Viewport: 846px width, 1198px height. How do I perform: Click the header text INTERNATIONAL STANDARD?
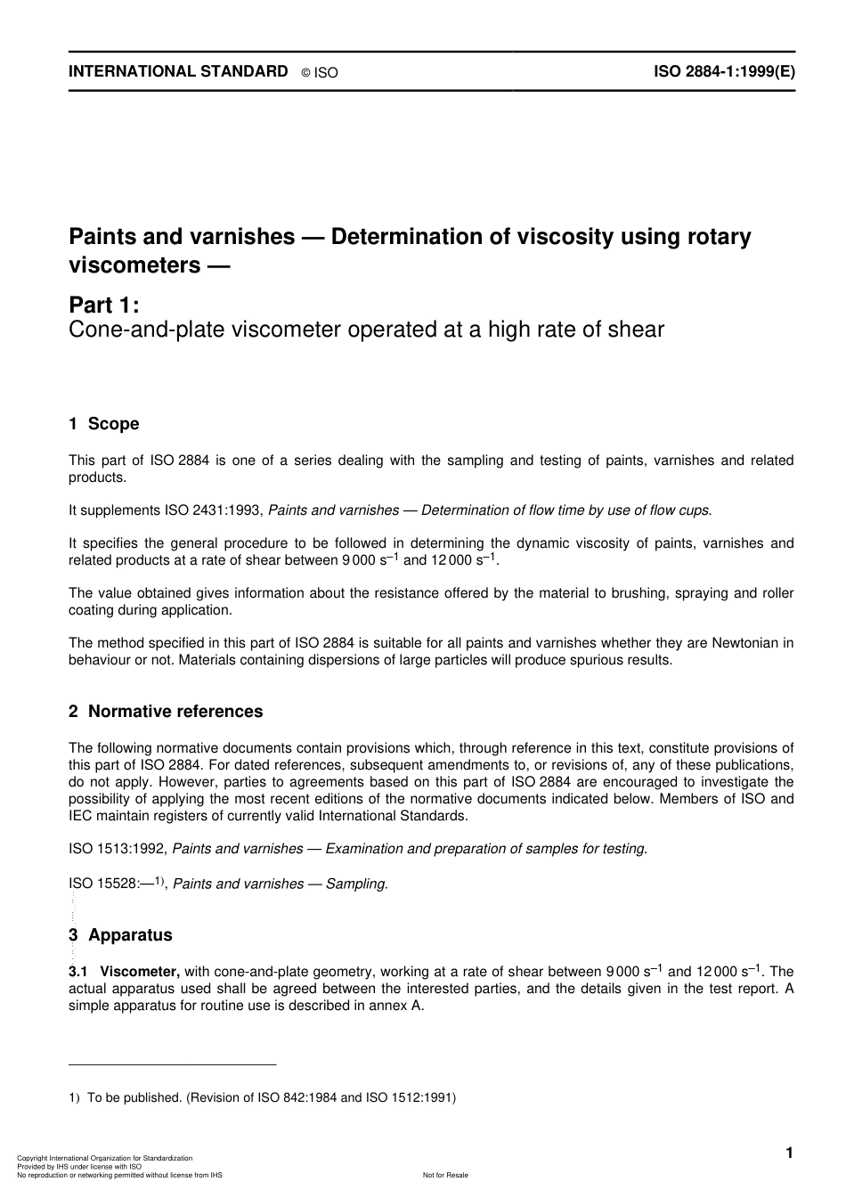(x=178, y=71)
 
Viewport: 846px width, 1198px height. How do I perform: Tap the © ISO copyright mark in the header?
(x=320, y=73)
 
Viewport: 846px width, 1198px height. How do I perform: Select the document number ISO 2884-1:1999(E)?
(x=724, y=72)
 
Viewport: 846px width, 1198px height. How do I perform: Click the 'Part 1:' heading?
(x=104, y=305)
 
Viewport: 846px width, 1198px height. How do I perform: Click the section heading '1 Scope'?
(x=104, y=424)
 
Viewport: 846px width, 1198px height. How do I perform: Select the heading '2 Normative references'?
(x=166, y=711)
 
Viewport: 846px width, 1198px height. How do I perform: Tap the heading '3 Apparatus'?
(x=120, y=934)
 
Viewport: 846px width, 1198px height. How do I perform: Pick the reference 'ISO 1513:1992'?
(x=118, y=849)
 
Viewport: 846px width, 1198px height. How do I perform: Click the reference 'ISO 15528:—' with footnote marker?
(x=116, y=884)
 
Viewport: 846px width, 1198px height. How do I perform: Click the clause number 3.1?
(x=78, y=972)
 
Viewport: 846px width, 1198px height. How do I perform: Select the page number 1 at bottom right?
(x=789, y=1153)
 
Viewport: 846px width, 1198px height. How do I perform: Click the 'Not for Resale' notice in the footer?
(x=445, y=1175)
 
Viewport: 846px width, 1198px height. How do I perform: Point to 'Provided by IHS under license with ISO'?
(x=79, y=1167)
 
